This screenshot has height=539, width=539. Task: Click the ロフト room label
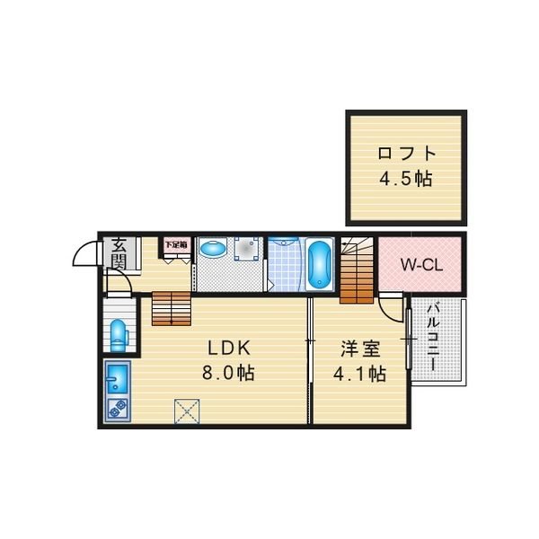(407, 154)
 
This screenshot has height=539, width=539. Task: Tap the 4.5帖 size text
(406, 179)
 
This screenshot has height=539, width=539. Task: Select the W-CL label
(422, 265)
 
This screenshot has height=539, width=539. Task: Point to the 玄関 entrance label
(119, 254)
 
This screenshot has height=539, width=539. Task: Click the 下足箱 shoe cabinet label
(176, 245)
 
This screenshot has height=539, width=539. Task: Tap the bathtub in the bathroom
(319, 264)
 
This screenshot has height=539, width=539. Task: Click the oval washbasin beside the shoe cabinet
(213, 248)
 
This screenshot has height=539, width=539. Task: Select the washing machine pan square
(246, 249)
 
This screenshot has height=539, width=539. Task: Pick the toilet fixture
(119, 335)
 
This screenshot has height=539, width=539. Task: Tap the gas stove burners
(118, 410)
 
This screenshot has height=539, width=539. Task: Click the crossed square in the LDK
(187, 411)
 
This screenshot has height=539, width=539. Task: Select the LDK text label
(228, 349)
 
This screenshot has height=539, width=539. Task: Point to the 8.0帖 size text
(228, 372)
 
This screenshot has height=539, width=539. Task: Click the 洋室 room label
(360, 349)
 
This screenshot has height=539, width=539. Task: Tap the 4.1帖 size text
(359, 374)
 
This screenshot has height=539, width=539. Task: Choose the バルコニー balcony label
(434, 336)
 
